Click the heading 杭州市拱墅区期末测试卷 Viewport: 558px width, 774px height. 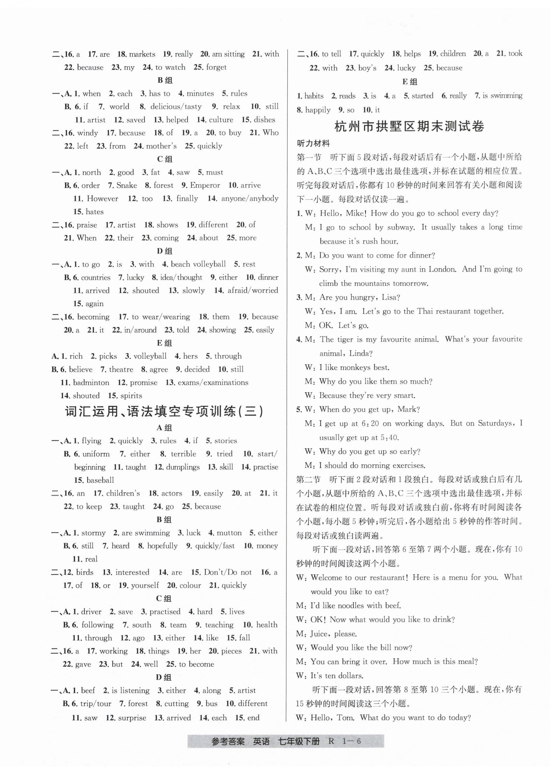pos(409,127)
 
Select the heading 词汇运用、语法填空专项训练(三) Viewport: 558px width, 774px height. pos(164,411)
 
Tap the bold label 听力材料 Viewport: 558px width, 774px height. pos(313,144)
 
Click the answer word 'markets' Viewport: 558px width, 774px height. pos(142,54)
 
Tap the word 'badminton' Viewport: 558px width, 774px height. pos(91,383)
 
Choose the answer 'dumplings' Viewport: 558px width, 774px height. pos(181,467)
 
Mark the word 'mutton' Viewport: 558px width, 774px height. pos(229,533)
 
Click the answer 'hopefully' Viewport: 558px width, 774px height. pos(162,546)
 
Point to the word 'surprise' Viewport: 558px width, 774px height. pos(132,718)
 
